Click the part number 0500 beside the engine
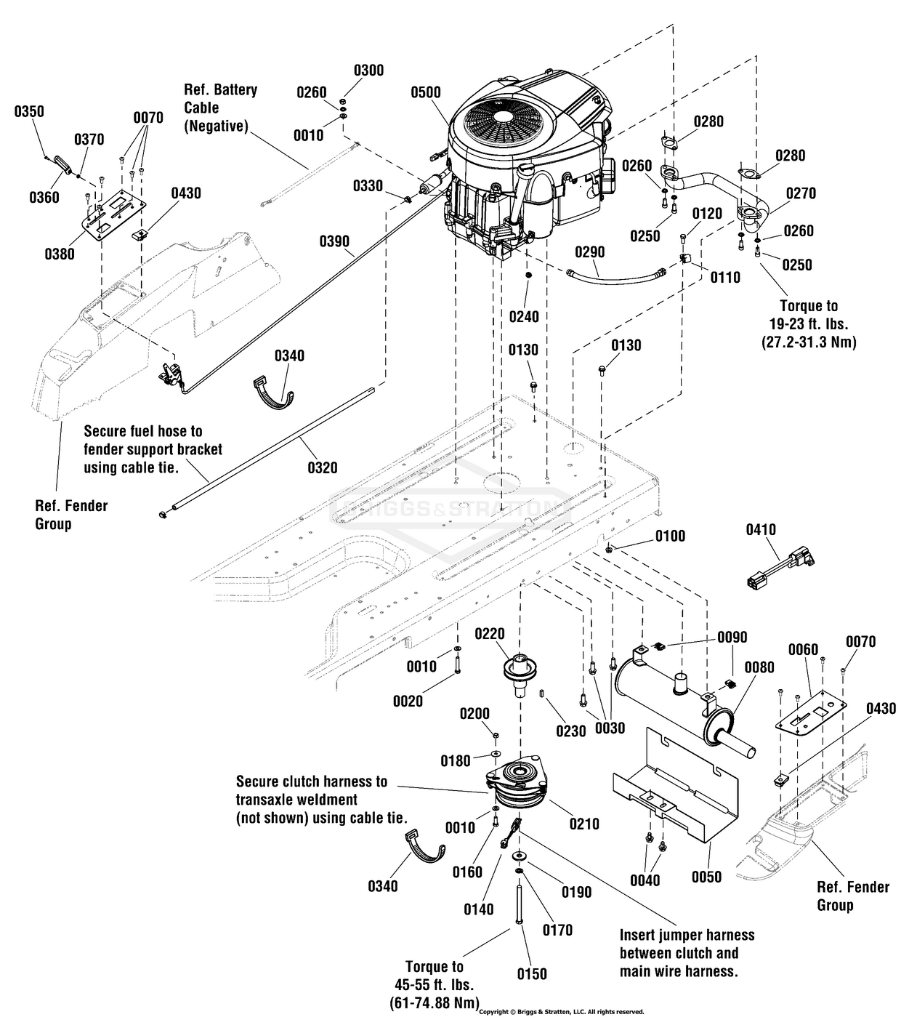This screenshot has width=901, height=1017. [425, 92]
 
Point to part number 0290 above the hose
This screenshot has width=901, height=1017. [589, 252]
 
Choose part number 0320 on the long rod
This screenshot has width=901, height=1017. [322, 467]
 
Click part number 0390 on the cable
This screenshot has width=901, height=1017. [334, 241]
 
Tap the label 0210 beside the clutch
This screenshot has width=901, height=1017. [584, 824]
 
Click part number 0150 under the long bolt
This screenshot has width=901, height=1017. [531, 973]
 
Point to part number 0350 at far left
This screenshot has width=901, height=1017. [29, 111]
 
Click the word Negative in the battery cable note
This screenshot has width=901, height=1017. [216, 126]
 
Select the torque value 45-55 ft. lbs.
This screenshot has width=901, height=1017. [435, 984]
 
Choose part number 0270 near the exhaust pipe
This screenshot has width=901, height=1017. [800, 193]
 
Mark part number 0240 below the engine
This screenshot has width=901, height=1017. [524, 316]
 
